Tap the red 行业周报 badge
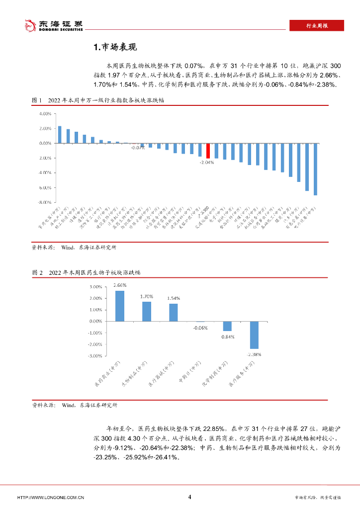click(316, 26)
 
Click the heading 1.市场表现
click(115, 48)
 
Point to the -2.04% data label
click(207, 163)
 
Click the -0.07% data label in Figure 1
click(138, 148)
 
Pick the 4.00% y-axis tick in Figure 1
click(45, 113)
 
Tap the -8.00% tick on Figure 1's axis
click(44, 203)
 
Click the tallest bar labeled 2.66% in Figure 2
click(120, 306)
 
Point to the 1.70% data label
click(146, 296)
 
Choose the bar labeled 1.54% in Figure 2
click(173, 312)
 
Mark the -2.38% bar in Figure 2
click(254, 335)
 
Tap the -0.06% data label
click(200, 328)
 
